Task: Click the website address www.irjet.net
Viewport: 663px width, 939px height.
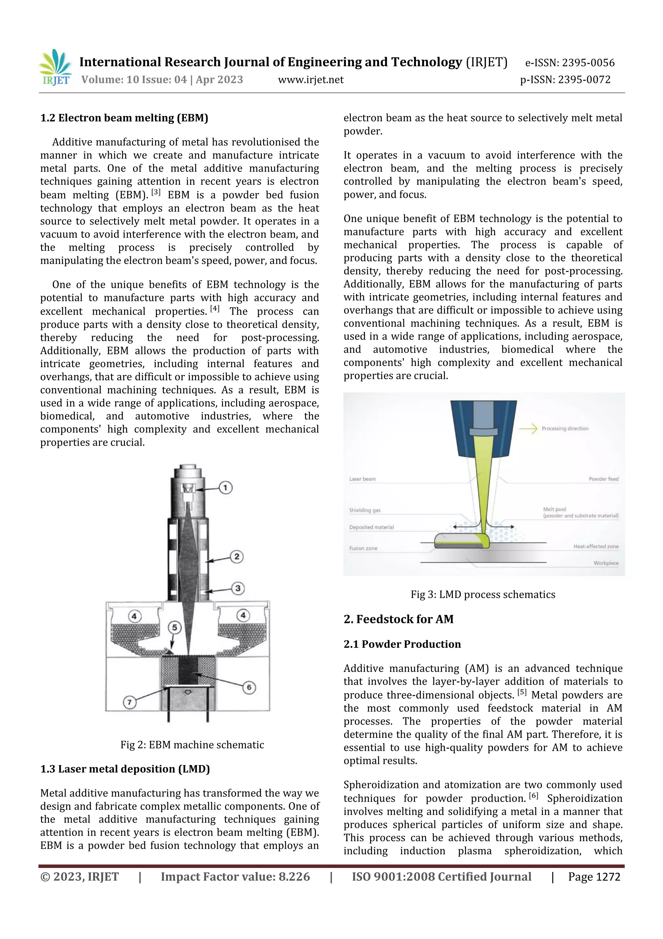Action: point(310,80)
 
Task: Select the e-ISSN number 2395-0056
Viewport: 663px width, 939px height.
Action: point(588,63)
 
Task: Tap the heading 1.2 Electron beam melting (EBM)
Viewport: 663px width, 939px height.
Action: point(124,118)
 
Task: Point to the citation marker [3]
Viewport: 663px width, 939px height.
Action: point(156,192)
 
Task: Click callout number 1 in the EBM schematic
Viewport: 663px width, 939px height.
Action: point(226,487)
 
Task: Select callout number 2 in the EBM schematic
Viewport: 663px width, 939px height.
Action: point(237,556)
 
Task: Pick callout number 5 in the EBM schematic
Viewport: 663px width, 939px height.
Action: point(174,628)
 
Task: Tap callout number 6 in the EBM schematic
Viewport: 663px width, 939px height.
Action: point(249,687)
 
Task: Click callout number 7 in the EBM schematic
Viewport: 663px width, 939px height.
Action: point(129,703)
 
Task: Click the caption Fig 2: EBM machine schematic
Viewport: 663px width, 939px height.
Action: point(192,745)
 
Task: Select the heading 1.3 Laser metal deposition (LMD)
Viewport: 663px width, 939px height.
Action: point(125,769)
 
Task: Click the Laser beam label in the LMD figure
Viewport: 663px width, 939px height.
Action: point(362,479)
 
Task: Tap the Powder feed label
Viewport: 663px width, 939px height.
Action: point(603,479)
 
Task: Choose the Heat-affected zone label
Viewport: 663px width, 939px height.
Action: point(596,546)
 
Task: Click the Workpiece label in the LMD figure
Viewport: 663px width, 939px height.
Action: point(606,563)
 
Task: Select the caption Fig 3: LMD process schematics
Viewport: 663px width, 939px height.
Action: point(483,595)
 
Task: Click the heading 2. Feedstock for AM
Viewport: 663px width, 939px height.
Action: point(398,619)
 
